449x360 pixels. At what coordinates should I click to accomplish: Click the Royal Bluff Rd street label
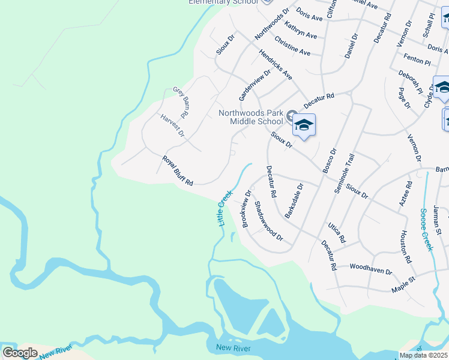178,170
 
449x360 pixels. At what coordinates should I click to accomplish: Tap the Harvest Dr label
172,125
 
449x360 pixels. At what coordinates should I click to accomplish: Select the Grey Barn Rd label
181,98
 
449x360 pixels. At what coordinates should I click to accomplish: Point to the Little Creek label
224,208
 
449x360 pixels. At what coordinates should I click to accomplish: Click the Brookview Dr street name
246,209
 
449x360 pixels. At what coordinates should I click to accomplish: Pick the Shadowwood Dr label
268,221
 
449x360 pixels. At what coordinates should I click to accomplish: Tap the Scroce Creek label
426,229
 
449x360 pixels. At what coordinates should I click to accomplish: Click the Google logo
20,353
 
